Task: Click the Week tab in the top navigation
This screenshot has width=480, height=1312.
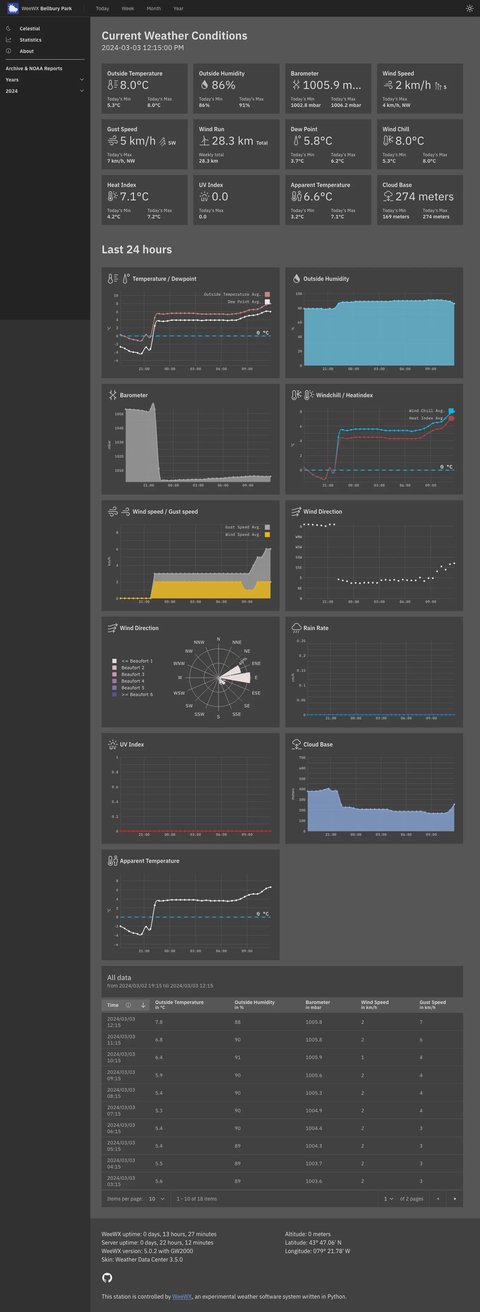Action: click(x=128, y=8)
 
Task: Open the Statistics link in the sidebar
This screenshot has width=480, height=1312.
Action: click(x=30, y=39)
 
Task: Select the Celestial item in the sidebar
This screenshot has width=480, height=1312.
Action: click(x=29, y=28)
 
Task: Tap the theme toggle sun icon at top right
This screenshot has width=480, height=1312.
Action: click(x=470, y=8)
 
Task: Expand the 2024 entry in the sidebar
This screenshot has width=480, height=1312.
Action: click(x=44, y=91)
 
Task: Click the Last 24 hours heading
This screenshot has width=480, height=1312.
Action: click(x=137, y=249)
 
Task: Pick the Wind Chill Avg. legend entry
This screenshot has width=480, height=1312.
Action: click(x=426, y=411)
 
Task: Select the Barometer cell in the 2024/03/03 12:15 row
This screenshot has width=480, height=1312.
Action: click(x=314, y=1023)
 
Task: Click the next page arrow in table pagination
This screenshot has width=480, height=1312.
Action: click(x=454, y=1198)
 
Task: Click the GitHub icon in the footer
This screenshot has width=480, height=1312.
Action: click(x=108, y=1277)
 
